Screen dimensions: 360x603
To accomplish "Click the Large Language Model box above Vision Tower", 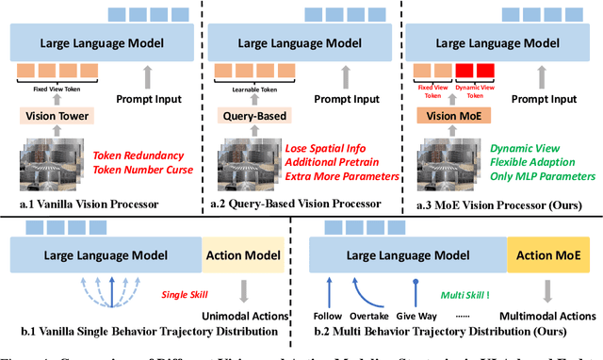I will pyautogui.click(x=100, y=42).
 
